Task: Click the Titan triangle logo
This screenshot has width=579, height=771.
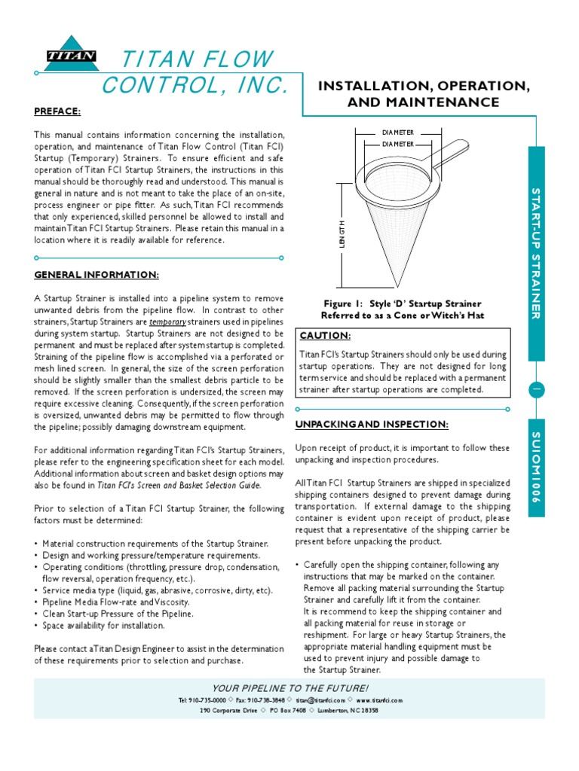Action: pos(71,53)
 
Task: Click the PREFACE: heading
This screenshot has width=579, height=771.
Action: pos(57,111)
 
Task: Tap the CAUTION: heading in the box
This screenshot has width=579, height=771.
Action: pos(325,335)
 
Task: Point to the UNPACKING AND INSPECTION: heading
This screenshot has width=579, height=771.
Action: pos(372,425)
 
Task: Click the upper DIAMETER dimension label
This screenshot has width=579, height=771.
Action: pos(397,133)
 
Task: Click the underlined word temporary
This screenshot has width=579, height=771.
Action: pos(167,321)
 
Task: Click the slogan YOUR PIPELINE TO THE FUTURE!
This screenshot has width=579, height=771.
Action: pos(290,688)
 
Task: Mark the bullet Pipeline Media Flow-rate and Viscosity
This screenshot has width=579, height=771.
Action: pos(116,602)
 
